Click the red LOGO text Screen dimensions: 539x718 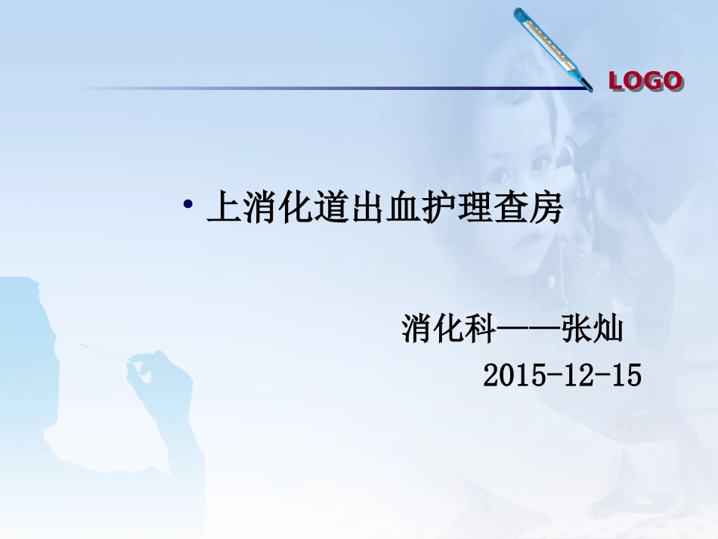[x=645, y=81]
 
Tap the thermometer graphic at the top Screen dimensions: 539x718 [x=552, y=48]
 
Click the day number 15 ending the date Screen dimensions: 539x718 [x=625, y=375]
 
